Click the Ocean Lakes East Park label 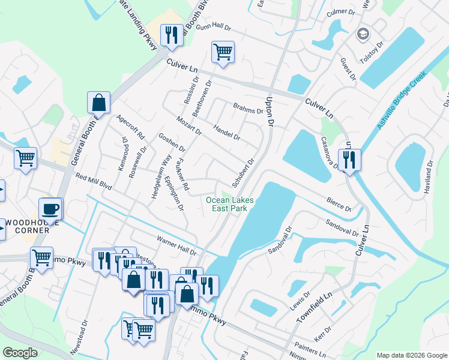(x=230, y=204)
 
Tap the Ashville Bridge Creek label (x=401, y=100)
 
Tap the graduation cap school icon (x=362, y=34)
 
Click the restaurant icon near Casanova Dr (x=349, y=160)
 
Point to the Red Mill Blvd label (x=94, y=181)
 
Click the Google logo (x=20, y=353)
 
